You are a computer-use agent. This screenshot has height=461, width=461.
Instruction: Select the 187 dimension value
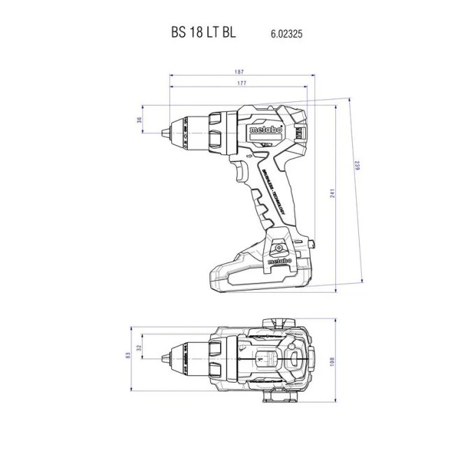coord(240,71)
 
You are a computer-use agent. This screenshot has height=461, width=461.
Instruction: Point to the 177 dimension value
coord(240,84)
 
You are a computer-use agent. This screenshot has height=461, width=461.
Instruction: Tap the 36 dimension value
coord(139,120)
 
